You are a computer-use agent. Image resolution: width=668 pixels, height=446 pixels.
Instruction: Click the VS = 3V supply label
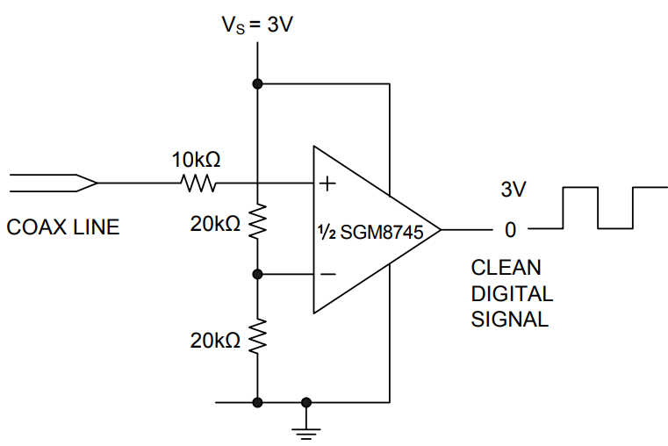(256, 24)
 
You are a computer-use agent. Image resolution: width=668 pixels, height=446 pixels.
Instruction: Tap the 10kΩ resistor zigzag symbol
(198, 183)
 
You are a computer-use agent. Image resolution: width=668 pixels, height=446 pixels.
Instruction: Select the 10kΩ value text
(196, 161)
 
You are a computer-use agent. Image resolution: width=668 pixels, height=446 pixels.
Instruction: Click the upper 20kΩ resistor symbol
(257, 224)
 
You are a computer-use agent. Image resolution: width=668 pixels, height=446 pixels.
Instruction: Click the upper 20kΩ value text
(215, 225)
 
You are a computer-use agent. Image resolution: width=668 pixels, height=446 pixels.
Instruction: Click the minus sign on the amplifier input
(328, 274)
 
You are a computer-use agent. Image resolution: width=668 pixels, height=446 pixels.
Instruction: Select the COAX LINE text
(62, 228)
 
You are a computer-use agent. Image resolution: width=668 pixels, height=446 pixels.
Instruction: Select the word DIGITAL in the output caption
(512, 293)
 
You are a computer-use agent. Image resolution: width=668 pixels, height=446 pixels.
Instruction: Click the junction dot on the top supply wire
(257, 84)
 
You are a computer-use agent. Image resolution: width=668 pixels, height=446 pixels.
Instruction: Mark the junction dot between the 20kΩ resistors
(257, 274)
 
